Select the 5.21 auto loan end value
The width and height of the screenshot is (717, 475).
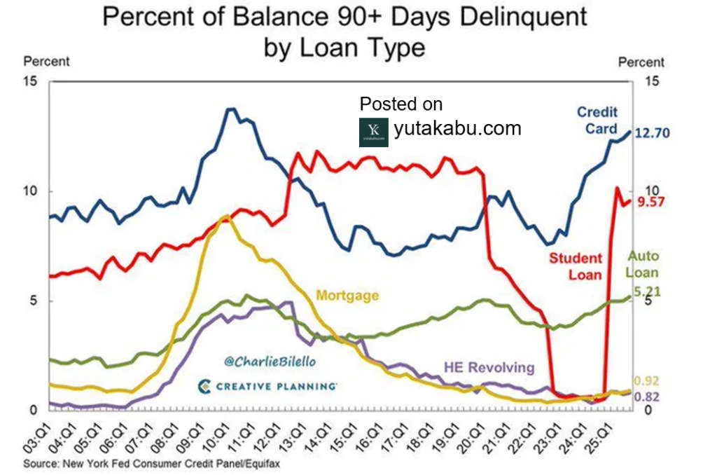pyautogui.click(x=648, y=291)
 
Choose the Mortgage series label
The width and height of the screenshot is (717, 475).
pyautogui.click(x=347, y=296)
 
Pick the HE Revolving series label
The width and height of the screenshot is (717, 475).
pyautogui.click(x=489, y=367)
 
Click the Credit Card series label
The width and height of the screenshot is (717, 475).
pyautogui.click(x=597, y=120)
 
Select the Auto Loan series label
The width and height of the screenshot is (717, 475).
pyautogui.click(x=643, y=264)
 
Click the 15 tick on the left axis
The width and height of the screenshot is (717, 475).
pyautogui.click(x=29, y=81)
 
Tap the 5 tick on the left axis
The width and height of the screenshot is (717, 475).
pyautogui.click(x=33, y=301)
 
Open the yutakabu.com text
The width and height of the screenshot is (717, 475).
pyautogui.click(x=457, y=129)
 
